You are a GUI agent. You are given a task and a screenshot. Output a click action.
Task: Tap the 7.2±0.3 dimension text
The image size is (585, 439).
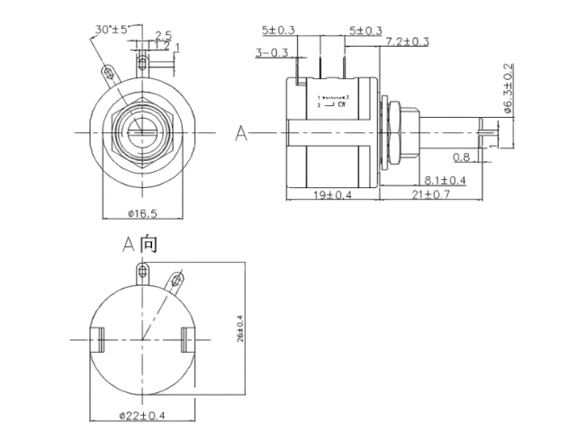pyautogui.click(x=408, y=41)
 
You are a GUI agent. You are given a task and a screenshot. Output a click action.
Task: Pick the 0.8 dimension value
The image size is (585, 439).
pyautogui.click(x=462, y=157)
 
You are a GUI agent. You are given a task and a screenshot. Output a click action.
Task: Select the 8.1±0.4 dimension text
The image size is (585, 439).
pyautogui.click(x=445, y=180)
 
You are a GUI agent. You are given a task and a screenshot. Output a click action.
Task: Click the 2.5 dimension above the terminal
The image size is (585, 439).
pyautogui.click(x=163, y=35)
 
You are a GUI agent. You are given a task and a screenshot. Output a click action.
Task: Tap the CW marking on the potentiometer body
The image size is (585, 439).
pyautogui.click(x=342, y=104)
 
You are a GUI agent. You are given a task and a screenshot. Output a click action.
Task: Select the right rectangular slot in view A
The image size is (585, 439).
pyautogui.click(x=187, y=340)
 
